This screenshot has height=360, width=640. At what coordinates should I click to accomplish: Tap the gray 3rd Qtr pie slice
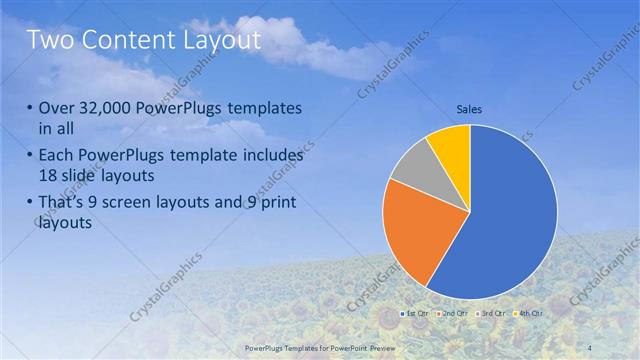click(410, 168)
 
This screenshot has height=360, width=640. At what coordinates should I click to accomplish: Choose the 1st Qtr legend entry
click(416, 314)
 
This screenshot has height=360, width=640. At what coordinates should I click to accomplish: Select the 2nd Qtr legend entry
click(451, 314)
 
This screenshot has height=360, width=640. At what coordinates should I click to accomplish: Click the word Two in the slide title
click(51, 41)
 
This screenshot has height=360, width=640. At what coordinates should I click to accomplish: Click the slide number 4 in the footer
click(592, 346)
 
